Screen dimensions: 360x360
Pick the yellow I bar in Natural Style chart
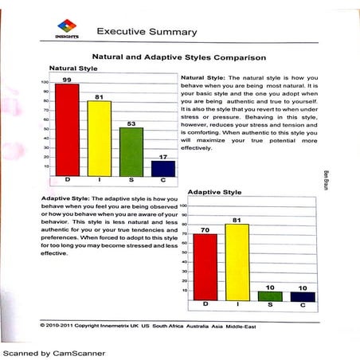pos(99,138)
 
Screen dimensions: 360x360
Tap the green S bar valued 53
pos(131,151)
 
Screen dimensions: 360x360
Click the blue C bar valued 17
pos(162,168)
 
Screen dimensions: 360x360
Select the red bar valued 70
pos(205,266)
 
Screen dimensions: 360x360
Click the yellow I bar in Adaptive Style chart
pos(237,262)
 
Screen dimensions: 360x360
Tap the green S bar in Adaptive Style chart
pos(270,295)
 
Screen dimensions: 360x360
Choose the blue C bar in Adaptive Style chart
pos(303,296)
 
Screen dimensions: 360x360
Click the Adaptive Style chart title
pos(213,193)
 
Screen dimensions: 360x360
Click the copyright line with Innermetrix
pos(155,325)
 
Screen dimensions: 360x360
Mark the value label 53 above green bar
pos(131,123)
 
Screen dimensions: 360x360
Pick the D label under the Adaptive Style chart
pos(205,305)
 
